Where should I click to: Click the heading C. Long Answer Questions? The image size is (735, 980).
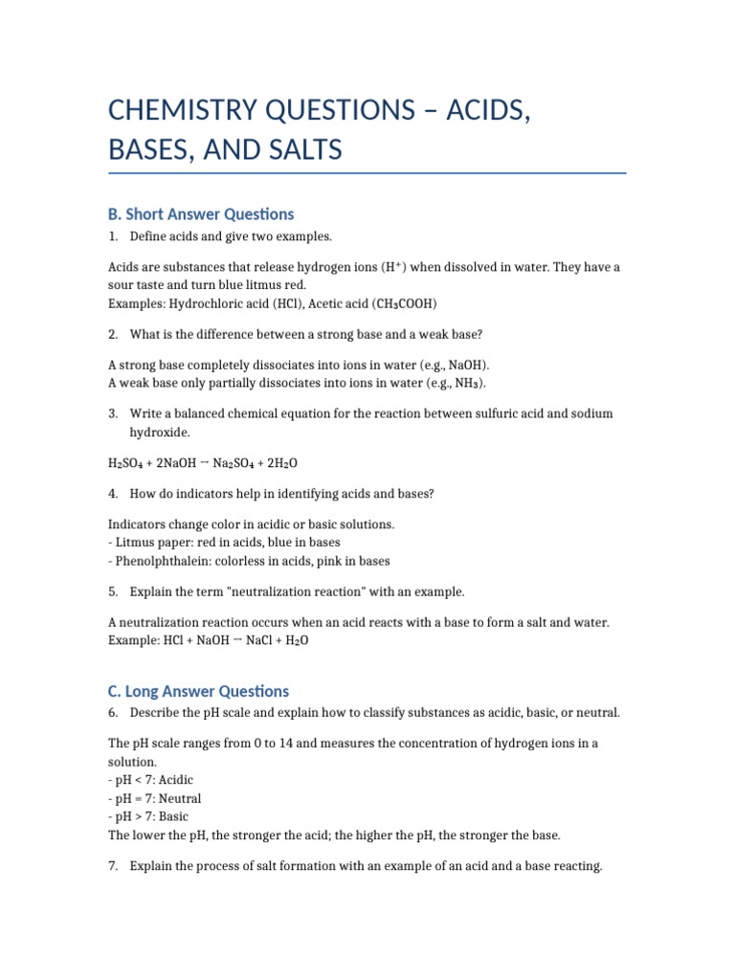click(198, 691)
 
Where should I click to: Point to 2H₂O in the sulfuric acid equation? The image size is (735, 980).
click(282, 463)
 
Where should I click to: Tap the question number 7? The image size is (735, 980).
click(113, 866)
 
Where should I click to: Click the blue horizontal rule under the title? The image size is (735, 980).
click(367, 174)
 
